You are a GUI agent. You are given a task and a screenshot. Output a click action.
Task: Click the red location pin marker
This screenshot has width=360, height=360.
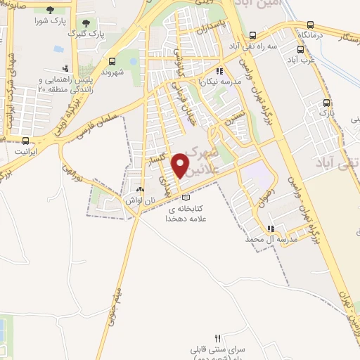coord(180,166)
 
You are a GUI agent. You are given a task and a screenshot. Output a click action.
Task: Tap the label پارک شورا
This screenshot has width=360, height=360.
coord(50,20)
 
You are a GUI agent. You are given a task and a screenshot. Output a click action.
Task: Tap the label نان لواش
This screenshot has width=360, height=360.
coord(140,200)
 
